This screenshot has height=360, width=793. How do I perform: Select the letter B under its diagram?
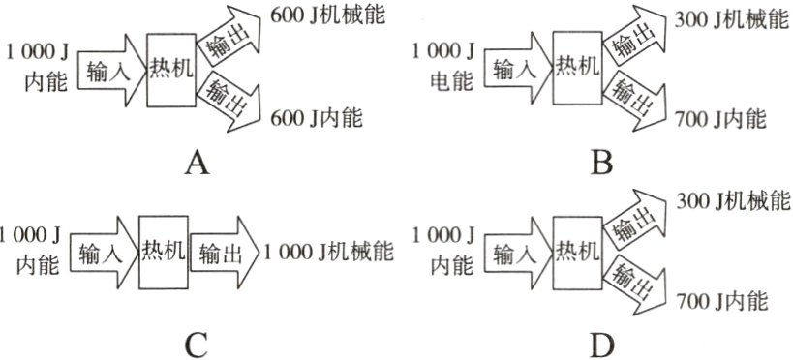tap(602, 164)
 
